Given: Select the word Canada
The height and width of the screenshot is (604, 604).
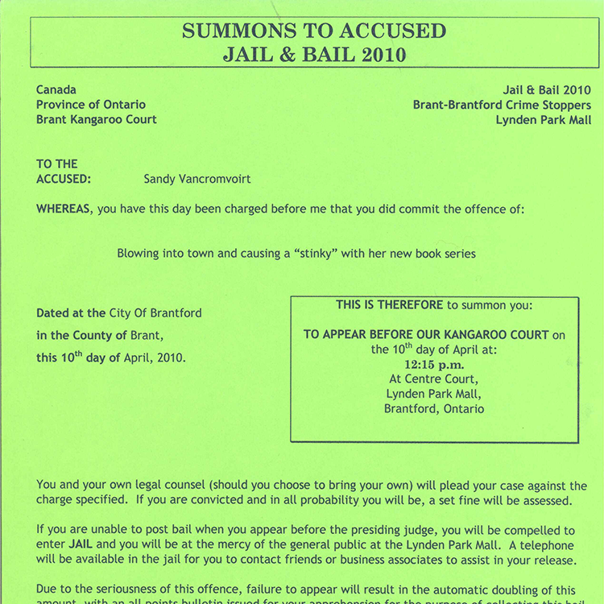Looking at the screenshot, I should click(56, 90).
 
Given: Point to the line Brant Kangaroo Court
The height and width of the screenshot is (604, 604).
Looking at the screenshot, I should click(96, 119).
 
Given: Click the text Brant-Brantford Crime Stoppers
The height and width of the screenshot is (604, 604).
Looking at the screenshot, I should click(502, 105).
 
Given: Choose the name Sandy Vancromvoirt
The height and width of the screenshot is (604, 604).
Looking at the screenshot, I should click(186, 179).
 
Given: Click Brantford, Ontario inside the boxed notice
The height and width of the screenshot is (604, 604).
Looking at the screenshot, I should click(434, 408).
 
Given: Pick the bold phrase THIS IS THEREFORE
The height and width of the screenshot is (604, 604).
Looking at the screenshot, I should click(390, 305).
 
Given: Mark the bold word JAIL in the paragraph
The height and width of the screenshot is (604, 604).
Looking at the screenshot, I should click(81, 545).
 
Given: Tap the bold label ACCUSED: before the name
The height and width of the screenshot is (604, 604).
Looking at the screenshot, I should click(64, 179).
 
